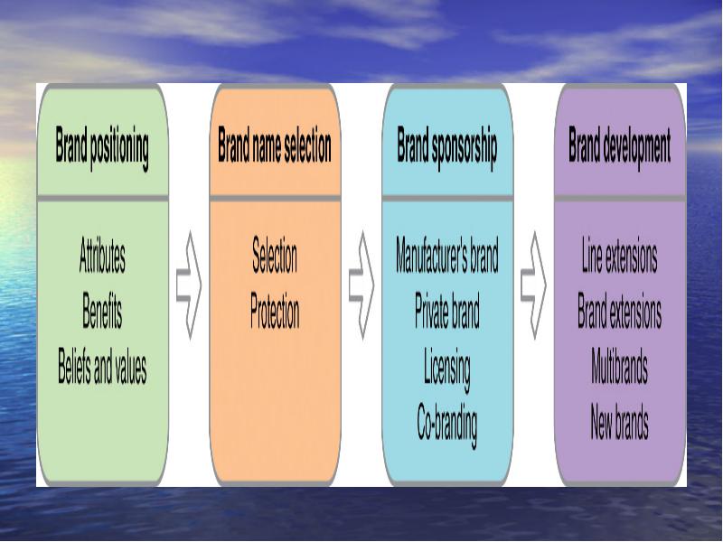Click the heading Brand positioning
tap(102, 147)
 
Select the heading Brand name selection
tap(275, 145)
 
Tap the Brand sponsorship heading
tap(447, 146)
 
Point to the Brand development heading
tap(619, 146)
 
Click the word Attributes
tap(102, 255)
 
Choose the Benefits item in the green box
tap(102, 310)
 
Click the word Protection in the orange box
tap(275, 310)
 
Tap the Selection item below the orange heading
tap(275, 255)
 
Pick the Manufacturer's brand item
tap(447, 255)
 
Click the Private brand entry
tap(447, 310)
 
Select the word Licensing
tap(447, 369)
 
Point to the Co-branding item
tap(447, 424)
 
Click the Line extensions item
tap(619, 255)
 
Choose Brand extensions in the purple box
tap(619, 310)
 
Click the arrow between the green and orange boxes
tap(190, 285)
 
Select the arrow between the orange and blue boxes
tap(362, 285)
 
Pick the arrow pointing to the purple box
tap(534, 285)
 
